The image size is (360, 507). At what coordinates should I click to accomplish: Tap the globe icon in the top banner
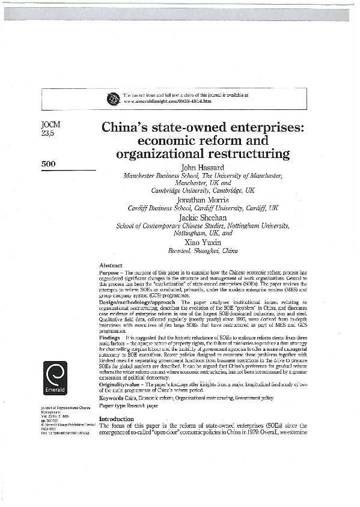pyautogui.click(x=112, y=99)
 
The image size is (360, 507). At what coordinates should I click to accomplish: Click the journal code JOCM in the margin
pyautogui.click(x=49, y=126)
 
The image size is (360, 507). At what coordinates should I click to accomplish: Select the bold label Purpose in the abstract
pyautogui.click(x=111, y=272)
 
